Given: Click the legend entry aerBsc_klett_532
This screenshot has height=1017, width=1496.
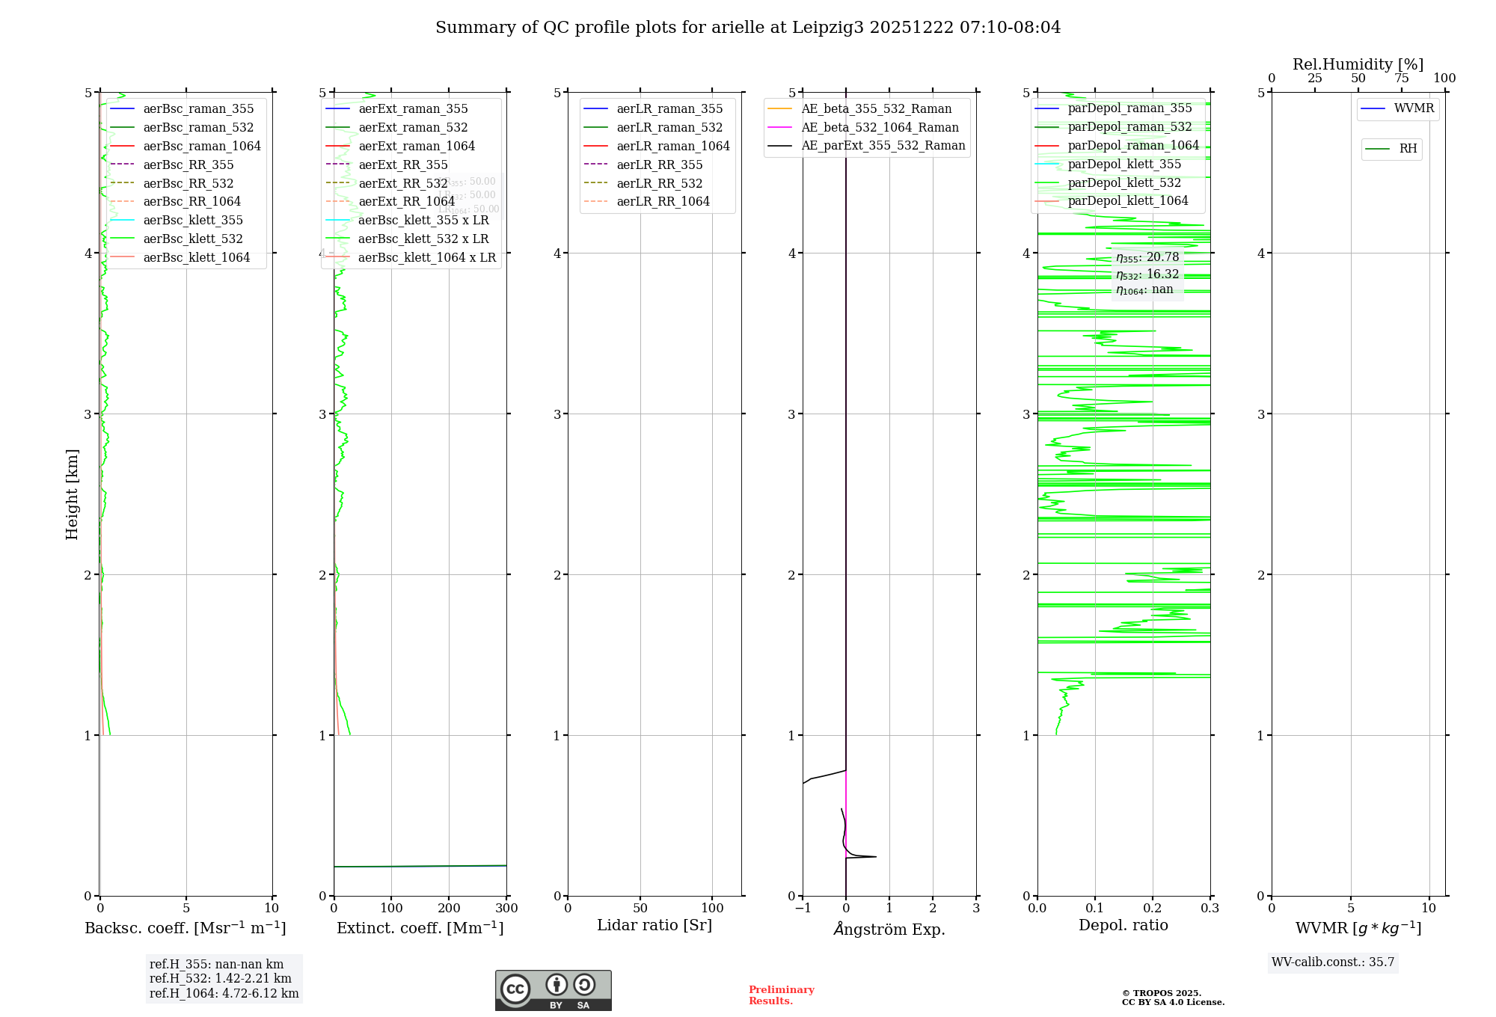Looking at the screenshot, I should click(x=192, y=239).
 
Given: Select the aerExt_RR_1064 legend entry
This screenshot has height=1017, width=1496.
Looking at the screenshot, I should click(x=406, y=201).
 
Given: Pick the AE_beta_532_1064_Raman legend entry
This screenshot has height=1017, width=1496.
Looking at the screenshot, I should click(x=879, y=127).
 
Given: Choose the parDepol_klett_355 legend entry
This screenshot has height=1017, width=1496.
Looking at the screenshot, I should click(x=1123, y=164).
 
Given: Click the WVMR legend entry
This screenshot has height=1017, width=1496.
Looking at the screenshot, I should click(x=1413, y=108).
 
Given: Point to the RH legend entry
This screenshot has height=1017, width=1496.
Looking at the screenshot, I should click(x=1407, y=149).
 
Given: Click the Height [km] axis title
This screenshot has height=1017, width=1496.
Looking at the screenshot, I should click(x=72, y=494).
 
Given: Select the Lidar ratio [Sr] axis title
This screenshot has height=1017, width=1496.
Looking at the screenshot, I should click(x=654, y=925).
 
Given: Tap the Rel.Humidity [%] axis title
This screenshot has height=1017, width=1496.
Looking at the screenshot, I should click(x=1358, y=64).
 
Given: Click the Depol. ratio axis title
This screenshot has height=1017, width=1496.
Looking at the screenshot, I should click(x=1123, y=925).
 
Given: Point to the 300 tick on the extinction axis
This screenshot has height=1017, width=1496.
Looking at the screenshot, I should click(x=506, y=908).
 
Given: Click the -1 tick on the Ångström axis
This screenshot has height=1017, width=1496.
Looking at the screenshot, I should click(x=803, y=908).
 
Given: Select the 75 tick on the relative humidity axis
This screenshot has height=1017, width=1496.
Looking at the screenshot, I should click(x=1401, y=79).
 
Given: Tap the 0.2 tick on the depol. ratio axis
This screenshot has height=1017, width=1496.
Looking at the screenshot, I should click(x=1153, y=908).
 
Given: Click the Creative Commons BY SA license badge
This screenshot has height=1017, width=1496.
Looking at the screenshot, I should click(x=553, y=990).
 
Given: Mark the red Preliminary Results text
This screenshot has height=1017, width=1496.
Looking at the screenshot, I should click(x=781, y=995).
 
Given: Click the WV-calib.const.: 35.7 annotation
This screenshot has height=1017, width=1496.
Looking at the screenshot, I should click(x=1332, y=962).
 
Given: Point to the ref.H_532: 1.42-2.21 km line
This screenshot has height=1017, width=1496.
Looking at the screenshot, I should click(x=220, y=978).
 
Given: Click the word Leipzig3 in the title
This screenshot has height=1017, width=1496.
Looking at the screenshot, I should click(x=827, y=28).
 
